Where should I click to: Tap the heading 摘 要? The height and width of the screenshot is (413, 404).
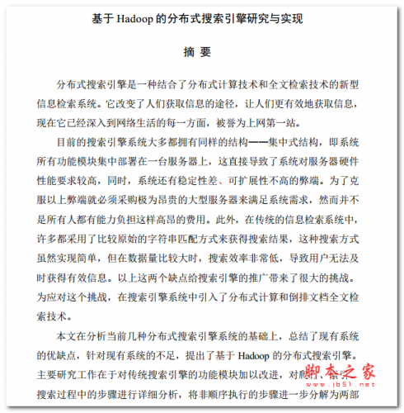coord(201,51)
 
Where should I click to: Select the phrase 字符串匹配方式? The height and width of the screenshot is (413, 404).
coord(186,237)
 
